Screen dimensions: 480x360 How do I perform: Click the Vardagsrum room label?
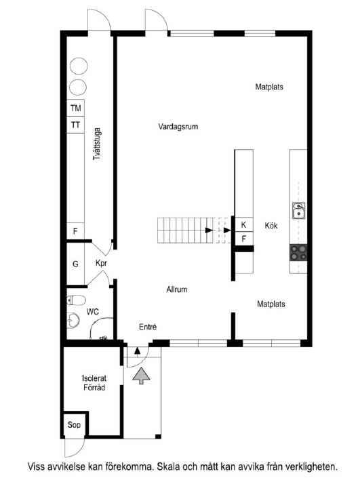[178, 126]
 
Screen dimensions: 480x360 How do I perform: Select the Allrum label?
[177, 289]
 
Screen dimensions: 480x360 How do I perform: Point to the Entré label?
[148, 327]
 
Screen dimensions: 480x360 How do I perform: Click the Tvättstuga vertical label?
[98, 142]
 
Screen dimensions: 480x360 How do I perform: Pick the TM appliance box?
[75, 108]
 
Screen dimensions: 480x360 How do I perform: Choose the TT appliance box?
[75, 125]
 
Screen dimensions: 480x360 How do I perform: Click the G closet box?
[75, 263]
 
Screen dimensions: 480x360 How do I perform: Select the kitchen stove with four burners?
[298, 252]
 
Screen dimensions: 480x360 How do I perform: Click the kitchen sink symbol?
[298, 211]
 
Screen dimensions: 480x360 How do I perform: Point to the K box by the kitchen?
[244, 224]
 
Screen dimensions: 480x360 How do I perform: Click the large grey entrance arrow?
[142, 375]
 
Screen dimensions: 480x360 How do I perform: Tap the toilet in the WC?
[76, 300]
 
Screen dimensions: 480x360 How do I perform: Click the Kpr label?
[102, 263]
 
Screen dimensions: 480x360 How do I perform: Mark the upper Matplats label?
[269, 87]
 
